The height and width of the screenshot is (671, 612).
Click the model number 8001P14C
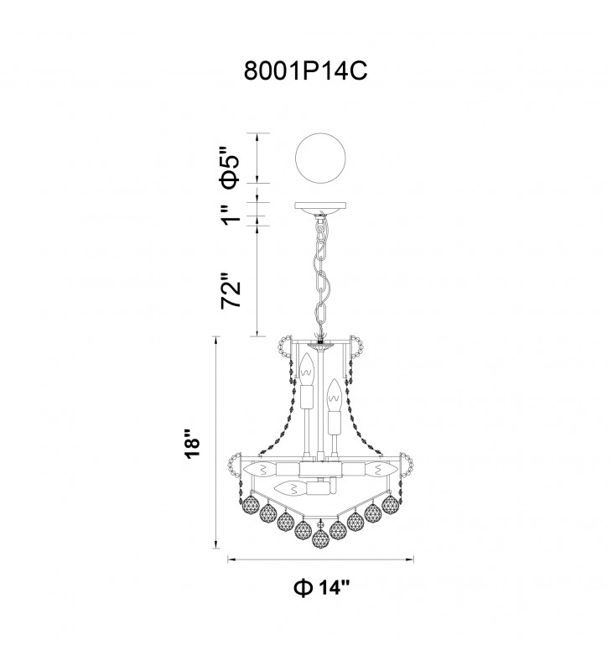click(x=305, y=71)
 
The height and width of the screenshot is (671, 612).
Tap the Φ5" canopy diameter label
click(x=229, y=168)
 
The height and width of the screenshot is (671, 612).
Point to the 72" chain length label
click(x=231, y=289)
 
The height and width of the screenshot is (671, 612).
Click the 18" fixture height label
click(x=192, y=443)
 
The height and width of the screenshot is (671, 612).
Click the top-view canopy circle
click(x=320, y=158)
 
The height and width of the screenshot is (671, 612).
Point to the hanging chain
click(x=321, y=274)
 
